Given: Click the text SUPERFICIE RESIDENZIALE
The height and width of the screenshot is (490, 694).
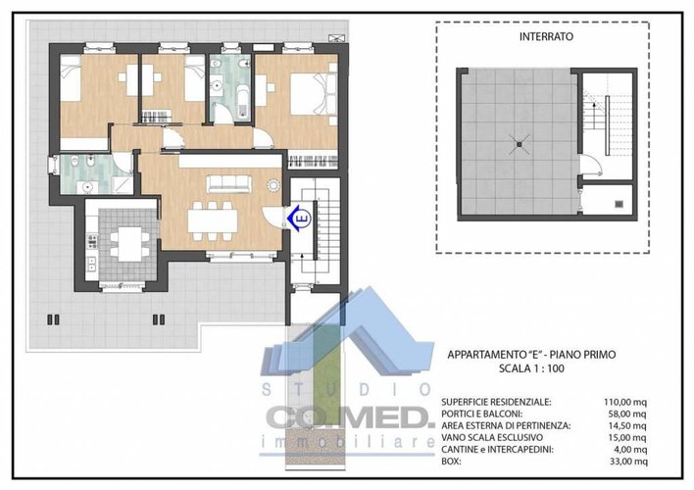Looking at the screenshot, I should [x=496, y=402].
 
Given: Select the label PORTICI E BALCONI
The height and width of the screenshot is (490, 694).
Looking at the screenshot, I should [x=484, y=414].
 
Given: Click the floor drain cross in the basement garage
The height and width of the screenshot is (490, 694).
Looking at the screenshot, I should [x=518, y=144].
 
